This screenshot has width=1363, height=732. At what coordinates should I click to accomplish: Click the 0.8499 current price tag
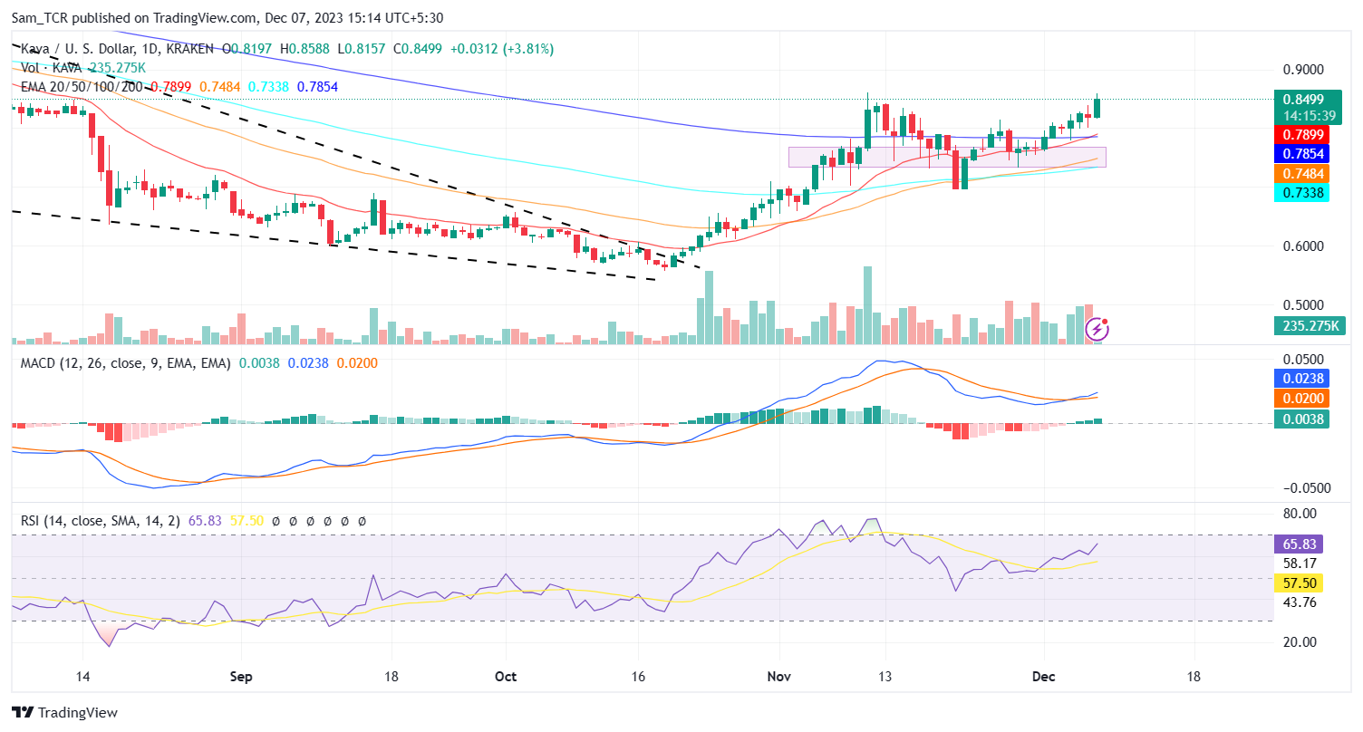[1301, 100]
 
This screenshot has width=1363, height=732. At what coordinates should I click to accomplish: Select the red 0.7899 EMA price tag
[1301, 135]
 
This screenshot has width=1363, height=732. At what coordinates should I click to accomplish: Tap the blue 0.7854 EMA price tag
[1301, 154]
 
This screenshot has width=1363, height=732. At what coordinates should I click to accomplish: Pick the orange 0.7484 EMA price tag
[1301, 173]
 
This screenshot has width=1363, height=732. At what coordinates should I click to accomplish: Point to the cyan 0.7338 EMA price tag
[1301, 192]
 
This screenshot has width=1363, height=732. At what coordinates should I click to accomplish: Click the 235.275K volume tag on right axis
[1301, 326]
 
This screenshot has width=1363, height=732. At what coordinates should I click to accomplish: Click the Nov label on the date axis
[778, 677]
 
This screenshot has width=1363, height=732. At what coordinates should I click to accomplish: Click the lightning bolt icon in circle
[1097, 329]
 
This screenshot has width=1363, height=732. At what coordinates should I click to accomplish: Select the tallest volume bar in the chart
[867, 305]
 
